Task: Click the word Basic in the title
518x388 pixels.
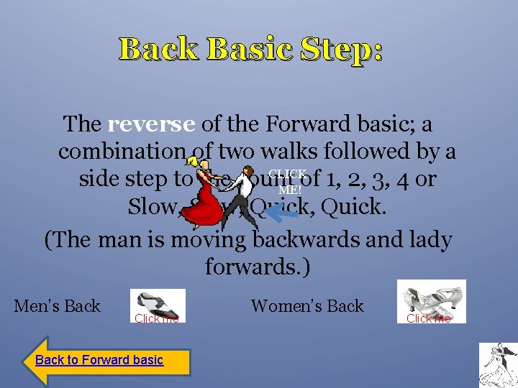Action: point(247,49)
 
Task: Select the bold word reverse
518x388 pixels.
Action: point(151,124)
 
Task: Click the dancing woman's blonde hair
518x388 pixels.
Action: point(194,163)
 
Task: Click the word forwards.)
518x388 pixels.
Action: point(257,267)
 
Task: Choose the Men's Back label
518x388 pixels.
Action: point(58,305)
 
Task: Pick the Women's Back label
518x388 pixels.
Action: point(307,305)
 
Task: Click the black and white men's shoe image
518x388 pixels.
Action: point(158,304)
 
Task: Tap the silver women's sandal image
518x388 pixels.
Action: point(432,298)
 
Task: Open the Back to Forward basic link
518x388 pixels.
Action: point(99,360)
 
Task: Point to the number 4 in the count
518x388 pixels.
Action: point(402,179)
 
